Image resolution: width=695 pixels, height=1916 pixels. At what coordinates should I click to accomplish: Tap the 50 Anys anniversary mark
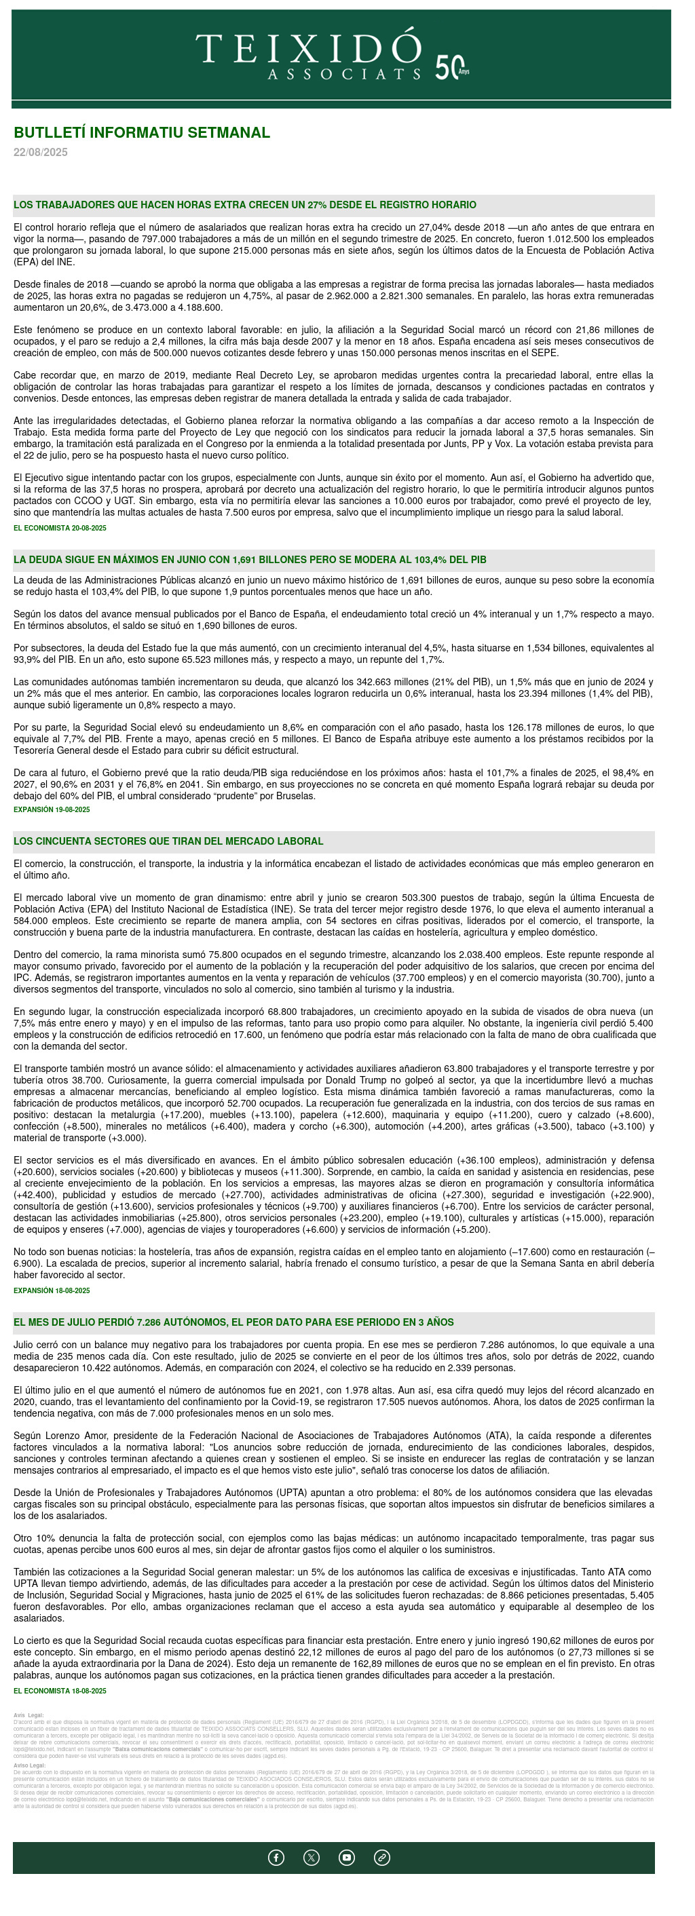coord(451,68)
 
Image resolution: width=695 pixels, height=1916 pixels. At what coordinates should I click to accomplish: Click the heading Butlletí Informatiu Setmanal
coord(141,133)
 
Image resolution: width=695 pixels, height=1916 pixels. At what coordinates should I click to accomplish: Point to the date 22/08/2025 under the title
coord(40,153)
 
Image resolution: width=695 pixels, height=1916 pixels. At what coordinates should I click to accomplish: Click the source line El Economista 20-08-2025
coord(60,528)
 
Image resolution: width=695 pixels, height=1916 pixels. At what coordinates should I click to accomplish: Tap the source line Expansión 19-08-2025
coord(52,810)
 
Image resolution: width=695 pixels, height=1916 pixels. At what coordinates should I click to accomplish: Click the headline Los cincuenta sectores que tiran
coord(168,842)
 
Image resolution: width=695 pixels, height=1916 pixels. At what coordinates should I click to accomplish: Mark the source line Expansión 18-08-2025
coord(52,1291)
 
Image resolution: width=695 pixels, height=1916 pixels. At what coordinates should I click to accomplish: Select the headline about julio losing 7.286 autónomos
coord(233,1322)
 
